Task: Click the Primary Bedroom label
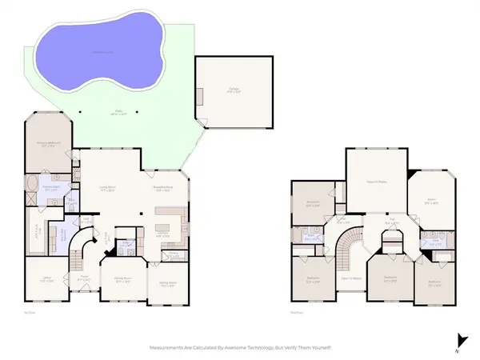point(46,145)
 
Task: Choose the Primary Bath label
point(50,190)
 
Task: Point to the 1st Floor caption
point(29,313)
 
